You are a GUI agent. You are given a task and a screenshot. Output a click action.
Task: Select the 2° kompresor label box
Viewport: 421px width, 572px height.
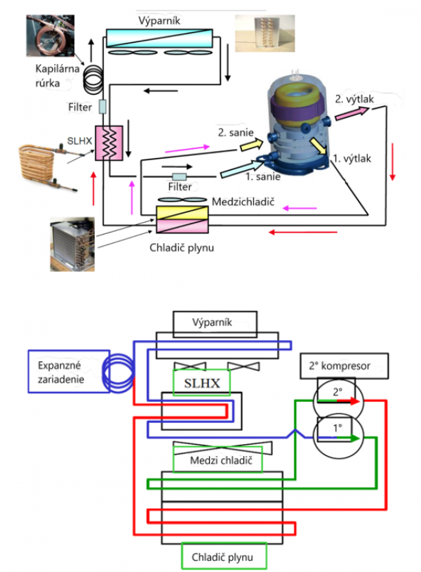click(x=346, y=366)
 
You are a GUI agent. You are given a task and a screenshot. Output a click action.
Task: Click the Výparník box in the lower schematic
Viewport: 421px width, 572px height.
click(x=217, y=323)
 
